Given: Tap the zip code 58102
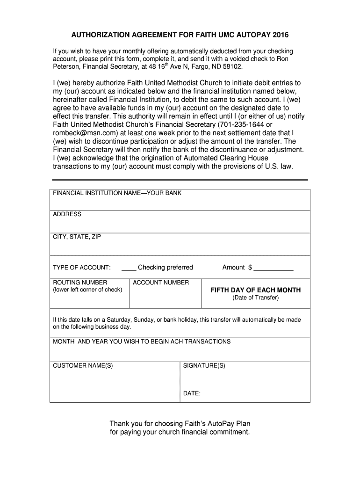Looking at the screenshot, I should click(x=232, y=66).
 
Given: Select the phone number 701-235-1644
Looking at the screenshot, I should click(x=242, y=124).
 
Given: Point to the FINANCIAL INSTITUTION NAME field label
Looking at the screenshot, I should click(x=117, y=193).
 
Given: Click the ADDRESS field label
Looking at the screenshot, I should click(x=67, y=214).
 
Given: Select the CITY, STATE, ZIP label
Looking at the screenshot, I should click(x=77, y=237).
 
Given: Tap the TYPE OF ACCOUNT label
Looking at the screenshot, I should click(x=81, y=268).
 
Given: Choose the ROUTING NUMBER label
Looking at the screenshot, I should click(x=80, y=283).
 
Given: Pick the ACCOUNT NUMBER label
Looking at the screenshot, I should click(x=161, y=283).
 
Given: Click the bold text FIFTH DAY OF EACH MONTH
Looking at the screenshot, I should click(x=255, y=290).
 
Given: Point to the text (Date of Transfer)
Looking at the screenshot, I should click(x=255, y=298).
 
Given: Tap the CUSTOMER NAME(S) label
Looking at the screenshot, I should click(x=83, y=365).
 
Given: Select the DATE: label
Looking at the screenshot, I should click(x=192, y=393).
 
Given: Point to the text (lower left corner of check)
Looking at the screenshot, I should click(x=87, y=290).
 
